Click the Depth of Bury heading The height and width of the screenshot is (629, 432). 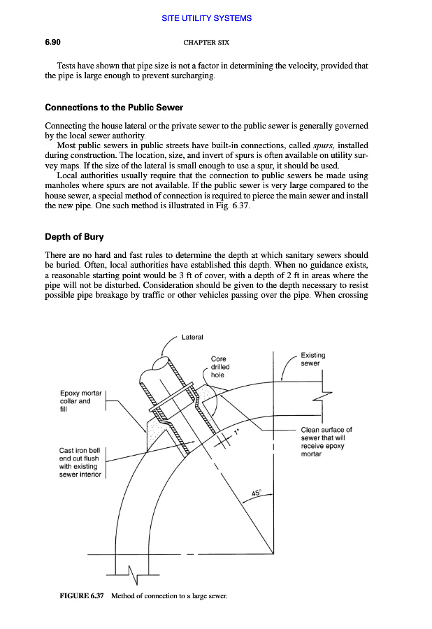click(74, 237)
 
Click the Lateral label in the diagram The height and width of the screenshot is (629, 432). click(192, 338)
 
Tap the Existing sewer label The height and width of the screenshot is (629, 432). click(312, 360)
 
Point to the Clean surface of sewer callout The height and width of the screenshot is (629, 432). click(326, 442)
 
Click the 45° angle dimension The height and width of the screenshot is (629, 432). click(257, 493)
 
